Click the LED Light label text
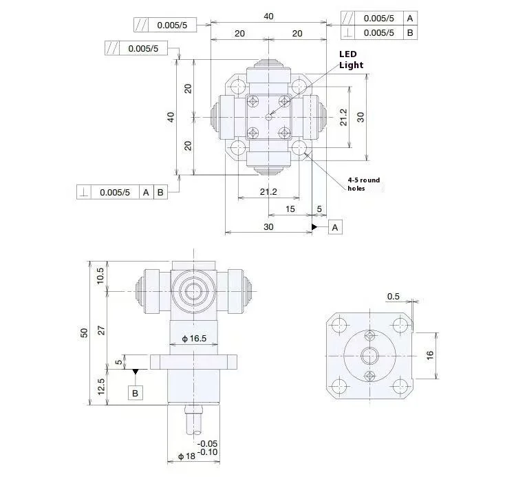(x=351, y=60)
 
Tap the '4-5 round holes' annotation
(x=364, y=184)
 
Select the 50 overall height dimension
(x=84, y=333)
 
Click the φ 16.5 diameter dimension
(x=194, y=339)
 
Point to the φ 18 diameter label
(x=186, y=456)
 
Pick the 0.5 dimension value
(x=393, y=297)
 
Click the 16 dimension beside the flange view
(x=430, y=355)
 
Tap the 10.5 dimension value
(x=100, y=276)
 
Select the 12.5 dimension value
(x=100, y=386)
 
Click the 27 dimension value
(x=101, y=330)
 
